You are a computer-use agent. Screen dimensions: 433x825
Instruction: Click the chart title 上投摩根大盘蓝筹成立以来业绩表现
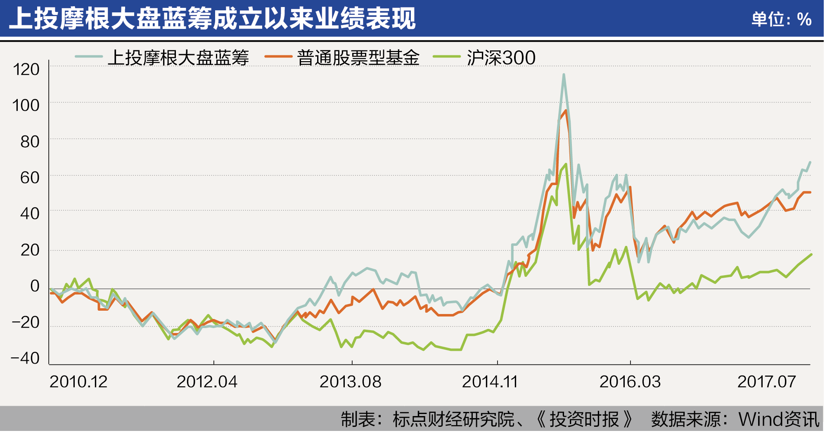(212, 19)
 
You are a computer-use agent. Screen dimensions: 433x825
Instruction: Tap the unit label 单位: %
(781, 19)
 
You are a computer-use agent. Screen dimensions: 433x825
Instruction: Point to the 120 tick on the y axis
(26, 69)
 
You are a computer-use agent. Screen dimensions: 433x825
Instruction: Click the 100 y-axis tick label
(26, 105)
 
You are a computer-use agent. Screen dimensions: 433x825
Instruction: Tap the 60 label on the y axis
(30, 178)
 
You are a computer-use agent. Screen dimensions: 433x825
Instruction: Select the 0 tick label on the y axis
(35, 286)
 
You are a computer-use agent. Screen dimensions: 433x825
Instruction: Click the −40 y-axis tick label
(25, 358)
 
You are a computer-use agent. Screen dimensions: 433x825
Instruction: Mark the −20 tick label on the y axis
(25, 322)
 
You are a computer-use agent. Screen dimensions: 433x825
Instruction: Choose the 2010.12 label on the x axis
(78, 382)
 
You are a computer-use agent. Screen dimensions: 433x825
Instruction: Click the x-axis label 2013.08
(350, 382)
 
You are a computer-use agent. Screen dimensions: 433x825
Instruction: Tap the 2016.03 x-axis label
(630, 382)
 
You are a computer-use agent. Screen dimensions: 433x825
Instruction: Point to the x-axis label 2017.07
(766, 382)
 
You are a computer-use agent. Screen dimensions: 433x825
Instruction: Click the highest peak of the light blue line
(564, 75)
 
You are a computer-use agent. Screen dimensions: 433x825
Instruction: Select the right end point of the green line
(811, 255)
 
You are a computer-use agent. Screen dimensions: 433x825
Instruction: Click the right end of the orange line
(810, 193)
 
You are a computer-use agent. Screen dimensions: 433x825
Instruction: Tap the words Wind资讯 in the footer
(779, 419)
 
